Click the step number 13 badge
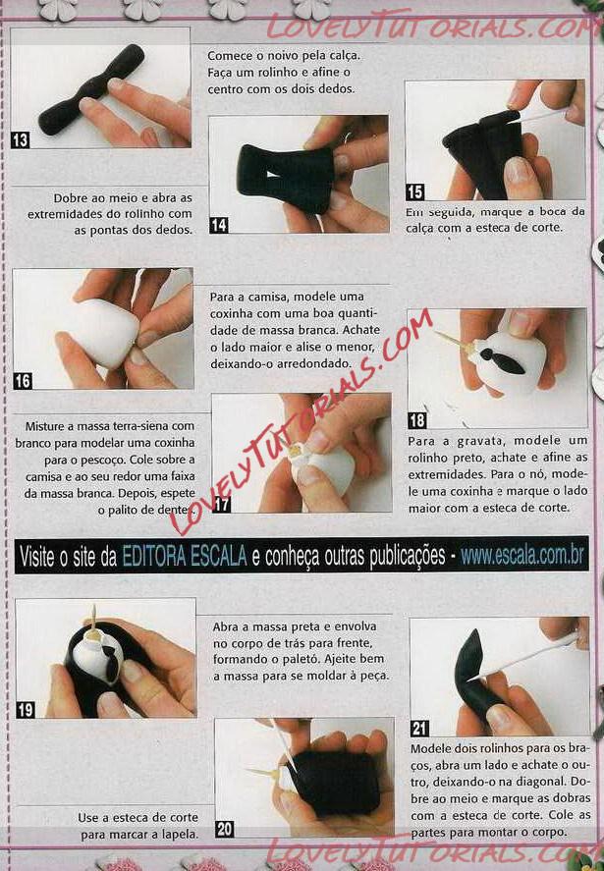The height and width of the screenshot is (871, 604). pos(20,139)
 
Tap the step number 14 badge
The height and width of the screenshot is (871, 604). pos(218,225)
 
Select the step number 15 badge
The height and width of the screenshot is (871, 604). pos(414,191)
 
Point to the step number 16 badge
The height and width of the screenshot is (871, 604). pos(23,380)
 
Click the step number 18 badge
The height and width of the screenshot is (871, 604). pos(417,420)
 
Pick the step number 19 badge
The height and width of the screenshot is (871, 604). pos(26,710)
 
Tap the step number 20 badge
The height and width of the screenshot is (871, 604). pos(225,830)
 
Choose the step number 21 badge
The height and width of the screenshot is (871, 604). pos(420,729)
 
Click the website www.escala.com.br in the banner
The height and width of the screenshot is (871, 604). pos(522,556)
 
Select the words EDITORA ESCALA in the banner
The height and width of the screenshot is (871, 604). pos(185,556)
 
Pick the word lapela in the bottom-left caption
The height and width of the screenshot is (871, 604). pos(181,835)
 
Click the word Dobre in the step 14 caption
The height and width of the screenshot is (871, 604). pos(70,197)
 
